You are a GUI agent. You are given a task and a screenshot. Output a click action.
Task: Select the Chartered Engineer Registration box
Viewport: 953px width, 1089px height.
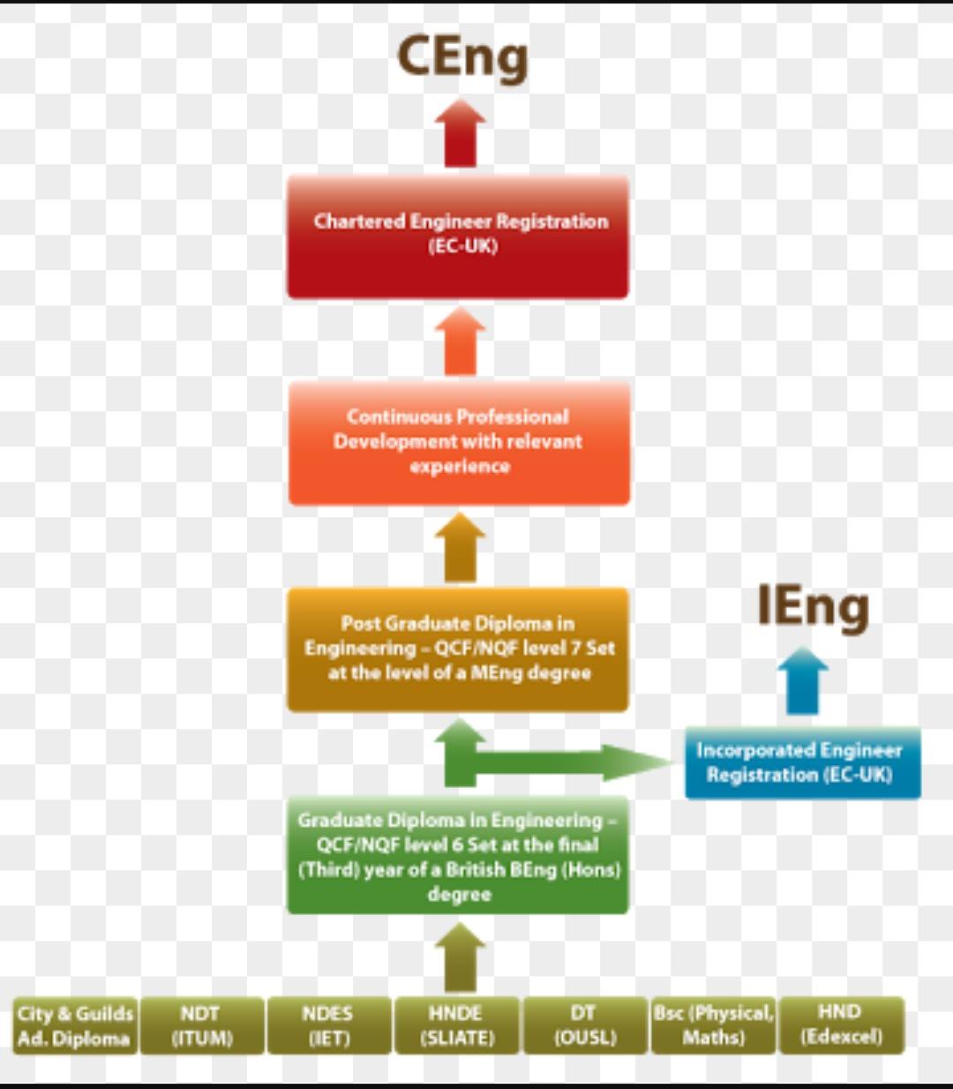click(458, 237)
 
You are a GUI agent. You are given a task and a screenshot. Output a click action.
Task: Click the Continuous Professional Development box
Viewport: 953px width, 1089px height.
click(459, 443)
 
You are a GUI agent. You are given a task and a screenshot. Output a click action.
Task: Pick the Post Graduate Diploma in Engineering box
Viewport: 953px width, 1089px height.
click(458, 650)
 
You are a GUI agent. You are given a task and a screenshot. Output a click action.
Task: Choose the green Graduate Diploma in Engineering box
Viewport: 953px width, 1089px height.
click(458, 855)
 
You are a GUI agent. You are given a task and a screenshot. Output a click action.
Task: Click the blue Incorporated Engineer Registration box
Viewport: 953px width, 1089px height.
click(802, 762)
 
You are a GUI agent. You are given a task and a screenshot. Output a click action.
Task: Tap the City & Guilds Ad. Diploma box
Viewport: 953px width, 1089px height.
click(75, 1025)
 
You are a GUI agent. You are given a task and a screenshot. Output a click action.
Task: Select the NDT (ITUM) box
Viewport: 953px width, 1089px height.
click(202, 1025)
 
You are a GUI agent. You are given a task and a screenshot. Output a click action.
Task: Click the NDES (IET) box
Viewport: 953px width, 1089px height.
click(329, 1025)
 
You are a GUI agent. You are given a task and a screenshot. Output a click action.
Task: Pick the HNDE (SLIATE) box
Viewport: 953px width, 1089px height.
click(457, 1025)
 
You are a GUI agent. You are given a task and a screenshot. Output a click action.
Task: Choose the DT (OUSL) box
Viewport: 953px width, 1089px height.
click(585, 1025)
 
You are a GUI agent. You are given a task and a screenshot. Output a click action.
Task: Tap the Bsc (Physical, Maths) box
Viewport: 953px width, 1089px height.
click(714, 1025)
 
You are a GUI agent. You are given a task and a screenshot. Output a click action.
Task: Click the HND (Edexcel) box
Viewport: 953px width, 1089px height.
click(841, 1025)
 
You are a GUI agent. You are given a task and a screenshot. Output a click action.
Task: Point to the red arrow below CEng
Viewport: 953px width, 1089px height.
click(461, 133)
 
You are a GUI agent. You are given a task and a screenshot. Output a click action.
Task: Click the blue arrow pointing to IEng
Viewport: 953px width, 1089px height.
click(802, 680)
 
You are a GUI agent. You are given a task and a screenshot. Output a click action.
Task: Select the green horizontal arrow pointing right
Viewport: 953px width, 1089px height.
click(572, 762)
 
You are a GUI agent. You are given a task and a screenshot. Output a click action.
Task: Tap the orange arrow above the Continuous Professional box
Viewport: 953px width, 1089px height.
click(461, 341)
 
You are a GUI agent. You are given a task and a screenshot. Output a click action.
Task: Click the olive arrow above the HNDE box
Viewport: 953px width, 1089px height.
click(461, 957)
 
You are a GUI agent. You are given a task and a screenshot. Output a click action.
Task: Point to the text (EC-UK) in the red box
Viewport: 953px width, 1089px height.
click(463, 246)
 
